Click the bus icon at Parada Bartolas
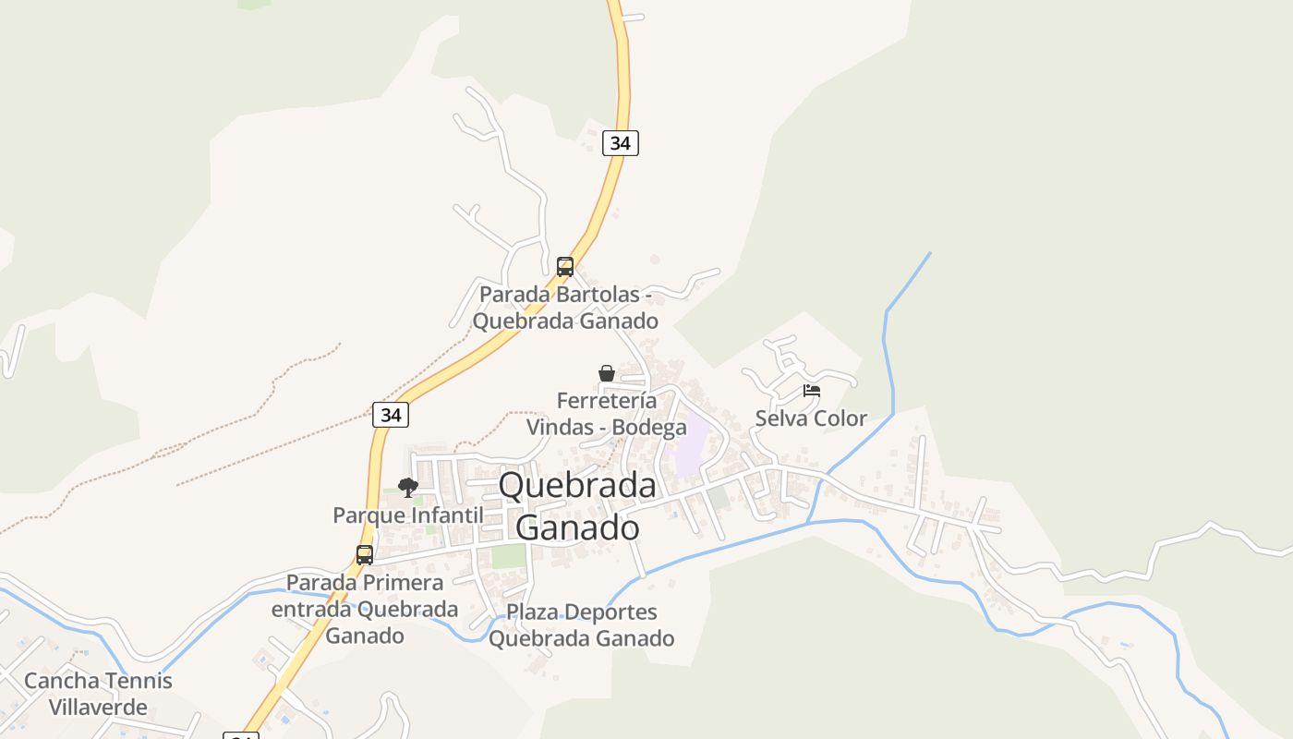pos(564,267)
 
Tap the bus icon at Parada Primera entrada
pos(365,555)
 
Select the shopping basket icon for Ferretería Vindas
pos(607,373)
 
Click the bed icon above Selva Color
pos(812,391)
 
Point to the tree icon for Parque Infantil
pos(407,488)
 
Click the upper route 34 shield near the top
pos(621,143)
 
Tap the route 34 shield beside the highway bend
pos(391,415)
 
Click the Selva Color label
pos(811,418)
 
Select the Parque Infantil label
pos(407,515)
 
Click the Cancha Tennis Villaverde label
pos(98,695)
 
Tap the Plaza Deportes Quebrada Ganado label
pos(582,625)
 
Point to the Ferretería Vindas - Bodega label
pos(607,414)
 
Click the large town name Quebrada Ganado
pos(577,506)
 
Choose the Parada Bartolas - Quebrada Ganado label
pos(565,308)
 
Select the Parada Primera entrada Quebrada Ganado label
pos(365,610)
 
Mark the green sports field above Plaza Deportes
pos(508,557)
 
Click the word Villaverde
pos(98,709)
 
